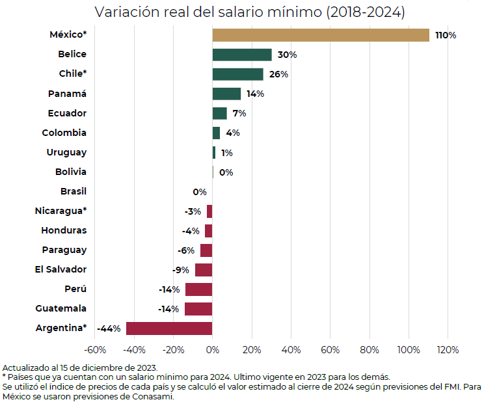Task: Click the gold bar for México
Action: click(321, 35)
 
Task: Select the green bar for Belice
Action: click(242, 55)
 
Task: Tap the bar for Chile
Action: click(238, 74)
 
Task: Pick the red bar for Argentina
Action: click(169, 328)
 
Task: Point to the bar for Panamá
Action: click(226, 94)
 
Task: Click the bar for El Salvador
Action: click(204, 270)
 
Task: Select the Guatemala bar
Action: click(198, 309)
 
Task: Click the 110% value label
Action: click(446, 35)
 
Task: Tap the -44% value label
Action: click(109, 328)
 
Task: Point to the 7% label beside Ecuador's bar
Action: click(239, 114)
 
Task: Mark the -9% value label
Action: click(180, 270)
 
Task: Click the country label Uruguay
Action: click(66, 152)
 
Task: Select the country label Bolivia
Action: click(71, 172)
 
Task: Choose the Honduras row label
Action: click(64, 230)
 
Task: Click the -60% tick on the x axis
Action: click(95, 350)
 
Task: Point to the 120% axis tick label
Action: click(448, 350)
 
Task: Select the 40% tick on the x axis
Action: click(291, 350)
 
